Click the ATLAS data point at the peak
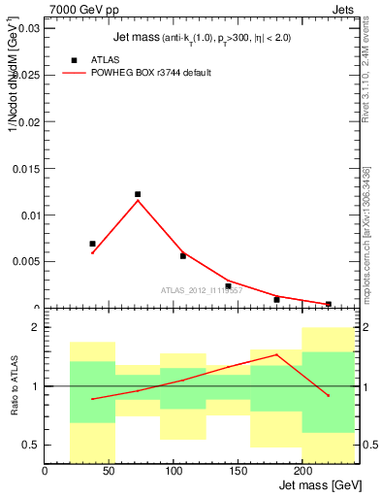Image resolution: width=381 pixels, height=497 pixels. tap(138, 194)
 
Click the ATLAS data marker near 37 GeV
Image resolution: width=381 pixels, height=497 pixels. tap(93, 244)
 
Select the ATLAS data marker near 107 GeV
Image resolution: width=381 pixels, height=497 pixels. tap(183, 256)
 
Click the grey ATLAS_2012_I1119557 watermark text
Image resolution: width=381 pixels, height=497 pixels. tap(201, 290)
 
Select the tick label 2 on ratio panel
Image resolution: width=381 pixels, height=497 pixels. tap(34, 328)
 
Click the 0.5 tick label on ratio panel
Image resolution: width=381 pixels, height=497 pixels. tap(30, 445)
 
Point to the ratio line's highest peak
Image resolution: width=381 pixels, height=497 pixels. tap(276, 354)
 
